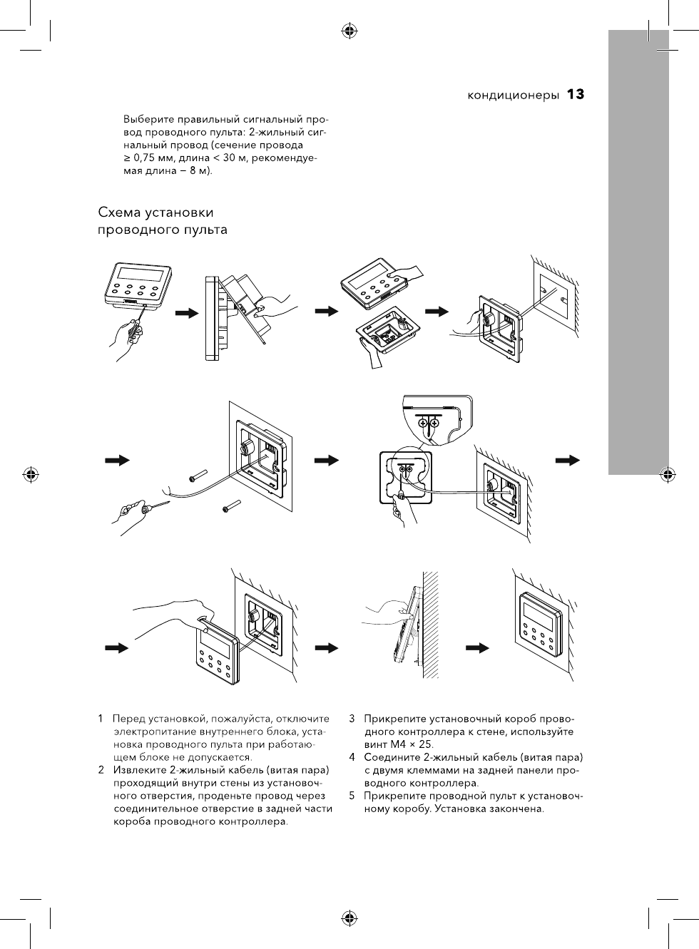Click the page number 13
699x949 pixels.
click(576, 95)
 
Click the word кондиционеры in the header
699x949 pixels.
click(513, 96)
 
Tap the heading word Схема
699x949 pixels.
click(120, 212)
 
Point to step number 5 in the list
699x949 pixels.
click(352, 796)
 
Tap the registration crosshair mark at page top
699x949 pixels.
click(349, 31)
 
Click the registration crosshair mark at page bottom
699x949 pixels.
click(349, 918)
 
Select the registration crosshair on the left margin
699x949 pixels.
click(31, 474)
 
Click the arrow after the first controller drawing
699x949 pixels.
click(186, 312)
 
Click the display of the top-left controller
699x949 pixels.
click(143, 275)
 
